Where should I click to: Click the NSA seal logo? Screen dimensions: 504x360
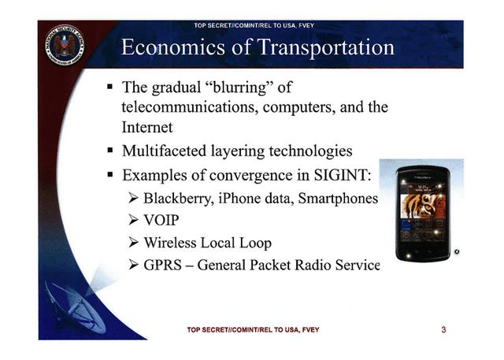(65, 45)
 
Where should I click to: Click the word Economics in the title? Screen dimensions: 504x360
(173, 47)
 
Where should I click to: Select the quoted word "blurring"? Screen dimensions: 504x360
(239, 87)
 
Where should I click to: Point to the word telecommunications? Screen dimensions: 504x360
(190, 107)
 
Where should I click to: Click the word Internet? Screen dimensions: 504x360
(147, 127)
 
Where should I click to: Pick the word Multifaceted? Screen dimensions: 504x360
(165, 150)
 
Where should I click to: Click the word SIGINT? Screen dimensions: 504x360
(343, 175)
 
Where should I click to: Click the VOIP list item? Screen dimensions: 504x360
(161, 221)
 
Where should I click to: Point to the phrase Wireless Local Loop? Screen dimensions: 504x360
(208, 243)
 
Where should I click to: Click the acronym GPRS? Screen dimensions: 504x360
(162, 265)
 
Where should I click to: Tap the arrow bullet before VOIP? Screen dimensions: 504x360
(133, 221)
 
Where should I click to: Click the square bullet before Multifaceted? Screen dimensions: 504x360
(110, 150)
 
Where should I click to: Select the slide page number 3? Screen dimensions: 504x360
(443, 329)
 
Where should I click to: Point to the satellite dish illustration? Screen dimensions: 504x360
(76, 307)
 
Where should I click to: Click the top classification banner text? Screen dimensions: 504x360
(254, 25)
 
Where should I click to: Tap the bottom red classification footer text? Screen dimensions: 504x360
(254, 330)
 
